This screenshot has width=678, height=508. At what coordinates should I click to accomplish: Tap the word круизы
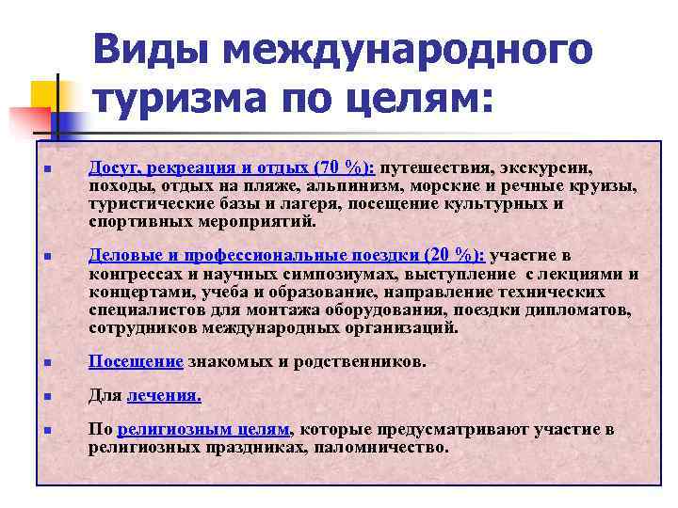pos(605,186)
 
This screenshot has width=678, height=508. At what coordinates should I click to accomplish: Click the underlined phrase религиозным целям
pos(204,430)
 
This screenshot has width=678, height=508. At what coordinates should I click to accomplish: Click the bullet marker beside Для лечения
pos(44,397)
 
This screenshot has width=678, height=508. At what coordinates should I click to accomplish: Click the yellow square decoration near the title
pos(45,95)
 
